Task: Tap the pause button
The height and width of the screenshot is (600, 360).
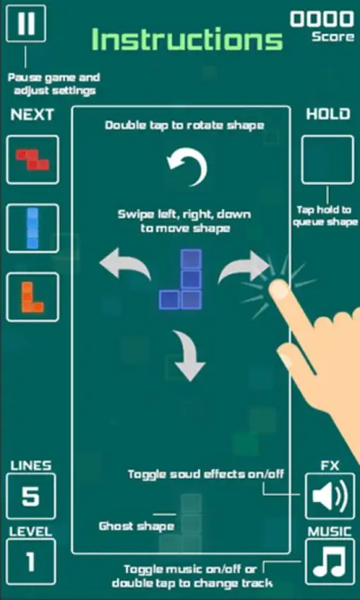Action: (x=26, y=24)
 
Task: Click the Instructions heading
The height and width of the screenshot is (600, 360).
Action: (x=187, y=40)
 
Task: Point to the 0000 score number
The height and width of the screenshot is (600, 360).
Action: (x=322, y=19)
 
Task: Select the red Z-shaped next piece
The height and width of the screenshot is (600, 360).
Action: (x=32, y=160)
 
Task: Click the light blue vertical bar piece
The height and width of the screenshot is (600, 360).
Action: (x=32, y=228)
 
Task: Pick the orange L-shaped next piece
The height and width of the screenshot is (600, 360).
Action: (x=32, y=296)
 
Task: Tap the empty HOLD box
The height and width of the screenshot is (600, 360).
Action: (x=328, y=160)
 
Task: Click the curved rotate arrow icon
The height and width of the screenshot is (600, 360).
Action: (x=188, y=168)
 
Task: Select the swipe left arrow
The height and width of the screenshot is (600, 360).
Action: (x=125, y=268)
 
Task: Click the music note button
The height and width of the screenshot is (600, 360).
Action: (x=330, y=562)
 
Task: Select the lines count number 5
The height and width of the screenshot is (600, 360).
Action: (x=31, y=497)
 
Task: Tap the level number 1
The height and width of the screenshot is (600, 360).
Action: (x=31, y=562)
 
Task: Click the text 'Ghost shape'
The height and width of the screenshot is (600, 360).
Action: (x=136, y=526)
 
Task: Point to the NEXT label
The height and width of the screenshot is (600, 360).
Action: (x=32, y=115)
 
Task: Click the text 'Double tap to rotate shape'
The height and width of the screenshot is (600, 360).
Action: (x=185, y=126)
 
